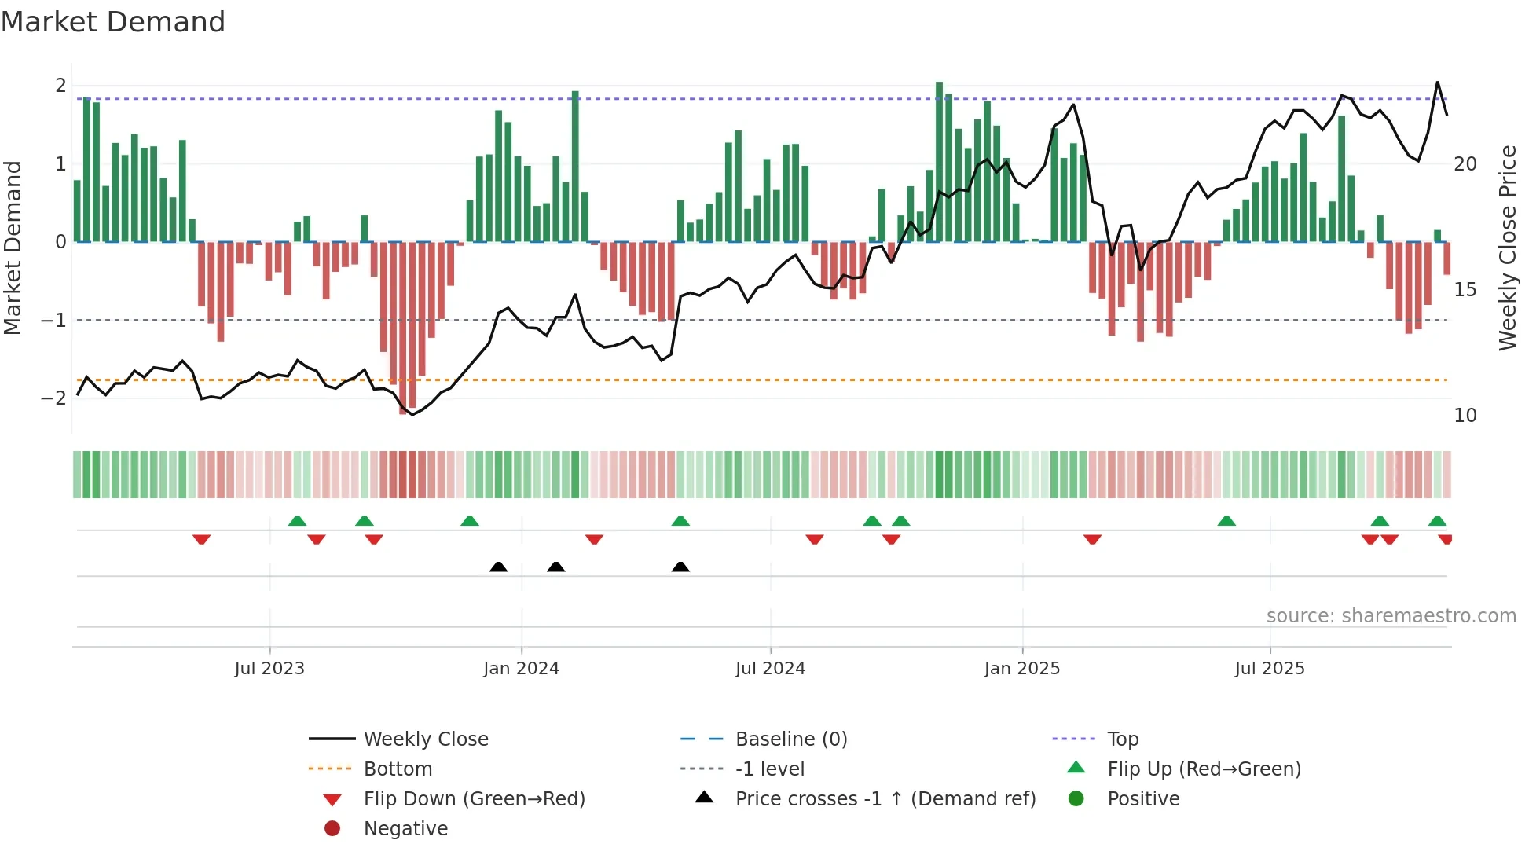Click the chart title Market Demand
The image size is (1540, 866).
pyautogui.click(x=113, y=22)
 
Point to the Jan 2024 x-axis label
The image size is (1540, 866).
pyautogui.click(x=521, y=669)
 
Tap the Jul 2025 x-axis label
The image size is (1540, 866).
pyautogui.click(x=1269, y=669)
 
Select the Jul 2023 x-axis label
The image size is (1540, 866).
pyautogui.click(x=269, y=669)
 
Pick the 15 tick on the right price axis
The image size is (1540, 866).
pyautogui.click(x=1465, y=290)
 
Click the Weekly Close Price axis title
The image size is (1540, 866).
pyautogui.click(x=1507, y=248)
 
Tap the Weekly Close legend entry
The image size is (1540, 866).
pyautogui.click(x=425, y=739)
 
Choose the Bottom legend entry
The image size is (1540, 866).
pyautogui.click(x=398, y=769)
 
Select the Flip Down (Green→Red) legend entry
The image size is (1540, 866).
pyautogui.click(x=474, y=799)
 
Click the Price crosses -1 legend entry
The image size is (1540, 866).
pyautogui.click(x=885, y=799)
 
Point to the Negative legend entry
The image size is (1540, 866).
pyautogui.click(x=405, y=829)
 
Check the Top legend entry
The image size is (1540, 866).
pyautogui.click(x=1122, y=739)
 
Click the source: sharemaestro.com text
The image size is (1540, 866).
pyautogui.click(x=1391, y=616)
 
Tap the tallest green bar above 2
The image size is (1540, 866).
pyautogui.click(x=939, y=161)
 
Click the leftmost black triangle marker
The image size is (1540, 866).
pyautogui.click(x=498, y=567)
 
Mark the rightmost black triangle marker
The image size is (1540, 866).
pyautogui.click(x=680, y=567)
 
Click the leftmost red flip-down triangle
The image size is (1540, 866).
pyautogui.click(x=201, y=539)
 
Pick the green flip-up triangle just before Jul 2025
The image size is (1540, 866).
pyautogui.click(x=1226, y=521)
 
